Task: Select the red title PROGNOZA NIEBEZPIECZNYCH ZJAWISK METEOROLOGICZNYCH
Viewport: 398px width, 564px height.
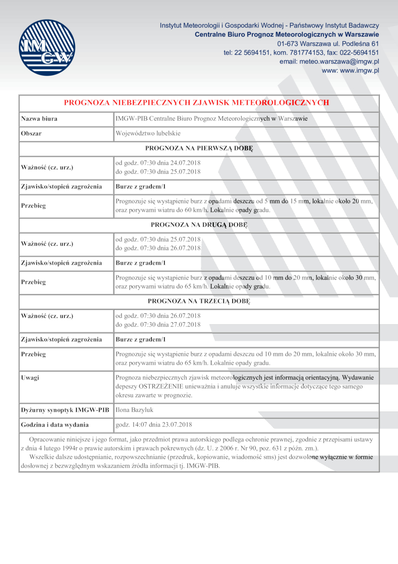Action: point(197,103)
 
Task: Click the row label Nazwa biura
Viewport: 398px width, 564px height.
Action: point(39,119)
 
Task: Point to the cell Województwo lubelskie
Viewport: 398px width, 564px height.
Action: point(148,134)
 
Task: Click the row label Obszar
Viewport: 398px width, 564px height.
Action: point(31,134)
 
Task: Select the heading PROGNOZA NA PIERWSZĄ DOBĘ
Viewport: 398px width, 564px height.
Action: point(199,148)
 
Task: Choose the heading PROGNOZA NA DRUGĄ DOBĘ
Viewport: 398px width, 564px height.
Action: point(199,225)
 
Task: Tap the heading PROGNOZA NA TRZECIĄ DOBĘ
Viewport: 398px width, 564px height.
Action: point(199,301)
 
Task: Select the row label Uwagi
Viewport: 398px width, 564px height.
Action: point(30,378)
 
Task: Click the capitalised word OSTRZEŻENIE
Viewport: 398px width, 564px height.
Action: point(161,387)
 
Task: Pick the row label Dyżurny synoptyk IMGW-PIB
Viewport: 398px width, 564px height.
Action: point(65,410)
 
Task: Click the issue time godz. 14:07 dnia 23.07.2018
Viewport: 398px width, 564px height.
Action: point(154,424)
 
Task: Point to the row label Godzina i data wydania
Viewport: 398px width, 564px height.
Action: point(55,424)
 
